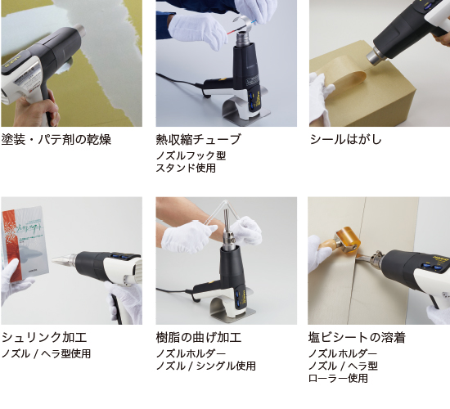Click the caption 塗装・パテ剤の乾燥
click(56, 139)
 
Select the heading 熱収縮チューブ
click(198, 139)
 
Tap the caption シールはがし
click(345, 139)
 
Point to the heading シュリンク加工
click(44, 337)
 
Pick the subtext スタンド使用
click(186, 168)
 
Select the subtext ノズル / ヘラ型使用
click(47, 353)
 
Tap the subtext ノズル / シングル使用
click(205, 366)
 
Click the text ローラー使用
click(338, 378)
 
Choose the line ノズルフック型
click(191, 155)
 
